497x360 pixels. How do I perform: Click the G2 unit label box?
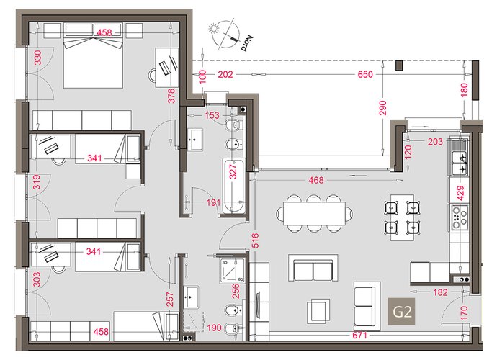point(402,312)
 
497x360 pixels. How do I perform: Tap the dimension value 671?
point(359,335)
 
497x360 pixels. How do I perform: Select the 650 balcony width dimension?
point(365,74)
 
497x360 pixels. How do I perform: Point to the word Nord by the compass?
point(246,44)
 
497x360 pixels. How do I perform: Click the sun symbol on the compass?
point(214,29)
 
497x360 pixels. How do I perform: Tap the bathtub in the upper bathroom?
point(234,186)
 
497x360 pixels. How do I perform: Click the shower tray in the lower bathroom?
point(233,270)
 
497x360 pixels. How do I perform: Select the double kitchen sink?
point(458,163)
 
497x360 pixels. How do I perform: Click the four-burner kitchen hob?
point(459,217)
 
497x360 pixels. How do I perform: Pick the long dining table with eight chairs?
point(314,213)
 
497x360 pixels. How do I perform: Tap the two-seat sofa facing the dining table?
point(313,268)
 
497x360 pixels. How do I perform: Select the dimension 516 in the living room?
point(256,240)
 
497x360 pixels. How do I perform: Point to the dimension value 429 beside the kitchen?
point(460,193)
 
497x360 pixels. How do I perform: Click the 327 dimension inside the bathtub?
point(233,171)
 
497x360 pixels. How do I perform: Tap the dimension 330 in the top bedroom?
point(37,58)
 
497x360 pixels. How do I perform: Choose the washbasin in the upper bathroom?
point(195,140)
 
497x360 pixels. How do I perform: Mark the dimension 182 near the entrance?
point(440,292)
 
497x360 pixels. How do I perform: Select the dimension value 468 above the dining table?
point(316,180)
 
